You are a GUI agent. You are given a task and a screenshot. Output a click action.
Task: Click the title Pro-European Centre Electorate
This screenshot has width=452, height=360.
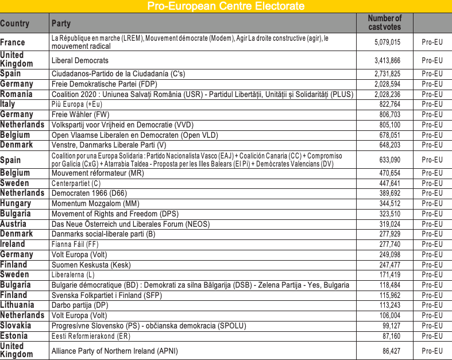pyautogui.click(x=226, y=6)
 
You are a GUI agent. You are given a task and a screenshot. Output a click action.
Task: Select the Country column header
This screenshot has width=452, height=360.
pyautogui.click(x=15, y=24)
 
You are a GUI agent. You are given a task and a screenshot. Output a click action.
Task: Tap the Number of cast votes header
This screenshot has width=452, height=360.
pyautogui.click(x=384, y=23)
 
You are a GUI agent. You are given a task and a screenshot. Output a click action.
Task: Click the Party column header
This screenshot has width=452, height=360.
pyautogui.click(x=61, y=24)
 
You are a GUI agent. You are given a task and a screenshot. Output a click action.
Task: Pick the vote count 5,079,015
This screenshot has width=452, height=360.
pyautogui.click(x=387, y=42)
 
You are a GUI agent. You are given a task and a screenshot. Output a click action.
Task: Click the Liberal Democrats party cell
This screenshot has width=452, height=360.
pyautogui.click(x=80, y=60)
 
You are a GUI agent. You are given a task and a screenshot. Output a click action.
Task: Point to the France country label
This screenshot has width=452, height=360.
pyautogui.click(x=13, y=42)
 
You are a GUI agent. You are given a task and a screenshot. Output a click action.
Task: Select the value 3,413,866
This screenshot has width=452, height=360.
pyautogui.click(x=387, y=60)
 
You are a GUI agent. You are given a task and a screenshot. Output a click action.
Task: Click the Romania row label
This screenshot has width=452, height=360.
pyautogui.click(x=17, y=94)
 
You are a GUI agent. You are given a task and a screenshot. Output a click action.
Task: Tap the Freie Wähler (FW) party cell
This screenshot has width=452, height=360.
pyautogui.click(x=80, y=114)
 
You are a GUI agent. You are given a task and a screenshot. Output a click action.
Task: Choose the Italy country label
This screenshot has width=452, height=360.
pyautogui.click(x=8, y=104)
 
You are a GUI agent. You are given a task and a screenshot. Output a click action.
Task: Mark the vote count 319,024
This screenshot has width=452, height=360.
pyautogui.click(x=389, y=224)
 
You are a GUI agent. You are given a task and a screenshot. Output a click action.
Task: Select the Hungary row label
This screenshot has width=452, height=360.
pyautogui.click(x=16, y=203)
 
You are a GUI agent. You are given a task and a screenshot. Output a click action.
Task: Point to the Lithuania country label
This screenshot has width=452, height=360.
pyautogui.click(x=17, y=305)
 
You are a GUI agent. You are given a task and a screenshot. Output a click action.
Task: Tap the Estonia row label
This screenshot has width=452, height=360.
pyautogui.click(x=14, y=336)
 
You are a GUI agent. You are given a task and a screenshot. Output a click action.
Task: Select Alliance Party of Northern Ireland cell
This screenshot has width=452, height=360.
pyautogui.click(x=115, y=350)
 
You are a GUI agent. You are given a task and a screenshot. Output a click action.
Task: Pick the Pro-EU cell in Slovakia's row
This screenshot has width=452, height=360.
pyautogui.click(x=432, y=326)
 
